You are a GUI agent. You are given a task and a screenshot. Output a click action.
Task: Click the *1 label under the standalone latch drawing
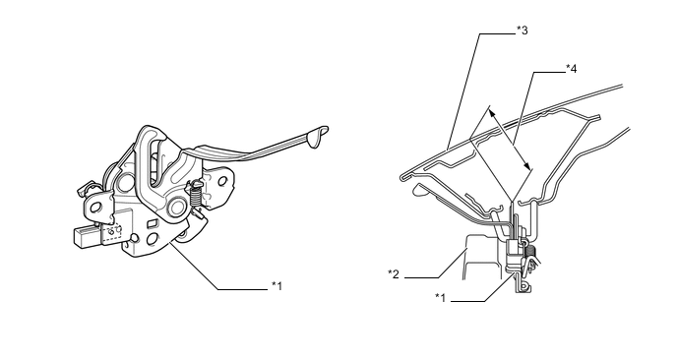pos(277,286)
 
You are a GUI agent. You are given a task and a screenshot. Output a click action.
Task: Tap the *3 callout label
pos(522,30)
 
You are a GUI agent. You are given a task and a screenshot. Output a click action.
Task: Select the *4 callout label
pos(571,68)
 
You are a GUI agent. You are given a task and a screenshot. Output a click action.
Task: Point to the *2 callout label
pos(394,274)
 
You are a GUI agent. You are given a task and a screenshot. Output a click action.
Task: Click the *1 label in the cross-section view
pos(441,297)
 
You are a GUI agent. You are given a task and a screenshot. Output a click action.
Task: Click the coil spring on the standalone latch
pos(195,197)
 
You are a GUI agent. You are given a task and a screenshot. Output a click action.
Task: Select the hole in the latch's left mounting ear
pos(95,208)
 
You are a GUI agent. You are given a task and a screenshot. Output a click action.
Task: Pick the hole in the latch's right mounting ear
pos(222,181)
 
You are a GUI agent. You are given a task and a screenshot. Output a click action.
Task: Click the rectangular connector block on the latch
pos(88,236)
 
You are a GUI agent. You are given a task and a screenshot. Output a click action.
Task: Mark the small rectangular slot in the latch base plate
pos(152,223)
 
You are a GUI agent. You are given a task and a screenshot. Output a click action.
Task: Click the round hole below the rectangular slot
pos(152,240)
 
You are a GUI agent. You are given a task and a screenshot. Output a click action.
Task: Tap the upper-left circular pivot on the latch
pos(127,181)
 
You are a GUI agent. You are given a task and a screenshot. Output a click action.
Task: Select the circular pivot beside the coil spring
pos(176,207)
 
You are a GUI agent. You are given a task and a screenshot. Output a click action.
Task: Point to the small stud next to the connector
pos(135,238)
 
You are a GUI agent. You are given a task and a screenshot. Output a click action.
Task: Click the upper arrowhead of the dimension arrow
pos(492,113)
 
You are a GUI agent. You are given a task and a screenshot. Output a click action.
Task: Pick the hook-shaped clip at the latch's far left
pos(84,190)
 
